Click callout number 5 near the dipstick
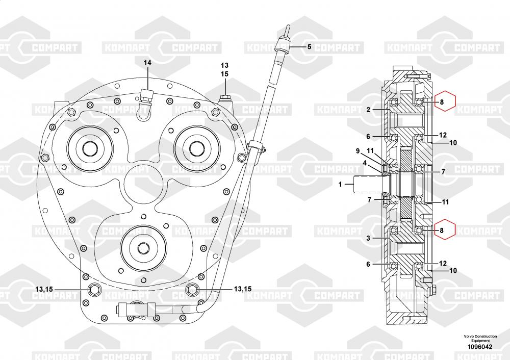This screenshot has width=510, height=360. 309,46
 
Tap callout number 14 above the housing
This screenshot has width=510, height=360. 147,63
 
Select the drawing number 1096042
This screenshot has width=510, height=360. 480,347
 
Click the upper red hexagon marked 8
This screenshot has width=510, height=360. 442,102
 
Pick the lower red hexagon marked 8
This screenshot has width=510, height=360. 442,230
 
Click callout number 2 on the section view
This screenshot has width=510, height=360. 368,109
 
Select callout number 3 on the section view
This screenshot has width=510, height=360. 368,238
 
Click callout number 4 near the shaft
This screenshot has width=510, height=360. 365,163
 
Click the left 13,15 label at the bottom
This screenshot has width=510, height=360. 44,290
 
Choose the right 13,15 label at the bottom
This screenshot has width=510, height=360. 243,289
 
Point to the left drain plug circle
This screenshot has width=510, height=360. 95,290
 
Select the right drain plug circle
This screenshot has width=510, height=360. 192,290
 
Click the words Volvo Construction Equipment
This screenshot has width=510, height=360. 480,339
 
